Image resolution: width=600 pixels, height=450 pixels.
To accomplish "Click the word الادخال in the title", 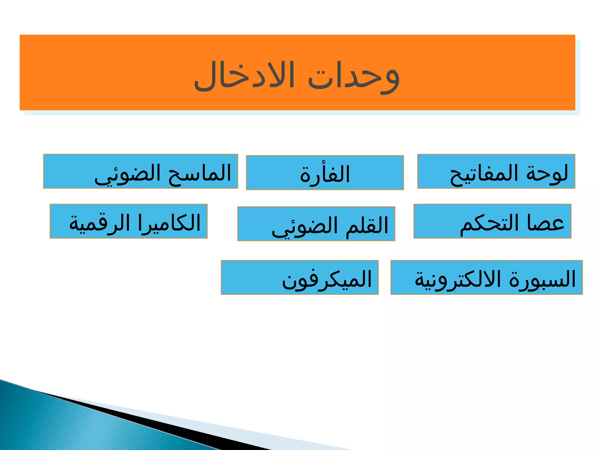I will (x=244, y=76).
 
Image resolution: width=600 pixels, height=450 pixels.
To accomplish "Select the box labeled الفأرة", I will (x=325, y=173).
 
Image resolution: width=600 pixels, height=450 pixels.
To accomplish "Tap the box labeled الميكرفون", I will (x=299, y=277).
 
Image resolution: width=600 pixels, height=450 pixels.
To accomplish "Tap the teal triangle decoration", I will (x=59, y=425).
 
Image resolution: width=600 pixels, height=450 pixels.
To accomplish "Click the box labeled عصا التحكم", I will (x=492, y=221).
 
